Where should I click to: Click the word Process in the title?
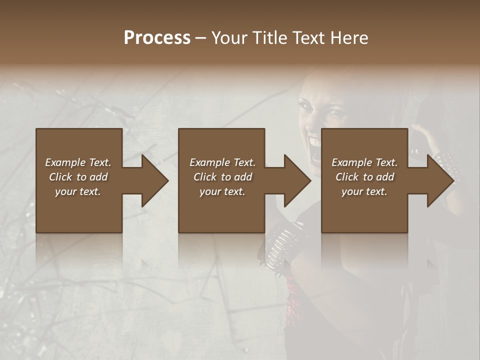click(157, 38)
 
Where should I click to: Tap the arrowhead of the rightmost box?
click(439, 180)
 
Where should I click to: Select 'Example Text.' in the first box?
click(78, 162)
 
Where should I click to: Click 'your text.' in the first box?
click(78, 191)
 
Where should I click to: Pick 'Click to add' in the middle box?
click(222, 177)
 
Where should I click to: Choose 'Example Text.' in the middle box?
click(222, 162)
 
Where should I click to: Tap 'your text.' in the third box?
click(364, 191)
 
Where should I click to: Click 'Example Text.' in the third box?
click(364, 162)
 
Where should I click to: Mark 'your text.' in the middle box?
click(222, 191)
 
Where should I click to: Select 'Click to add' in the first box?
click(78, 177)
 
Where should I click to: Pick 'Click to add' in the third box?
click(364, 177)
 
